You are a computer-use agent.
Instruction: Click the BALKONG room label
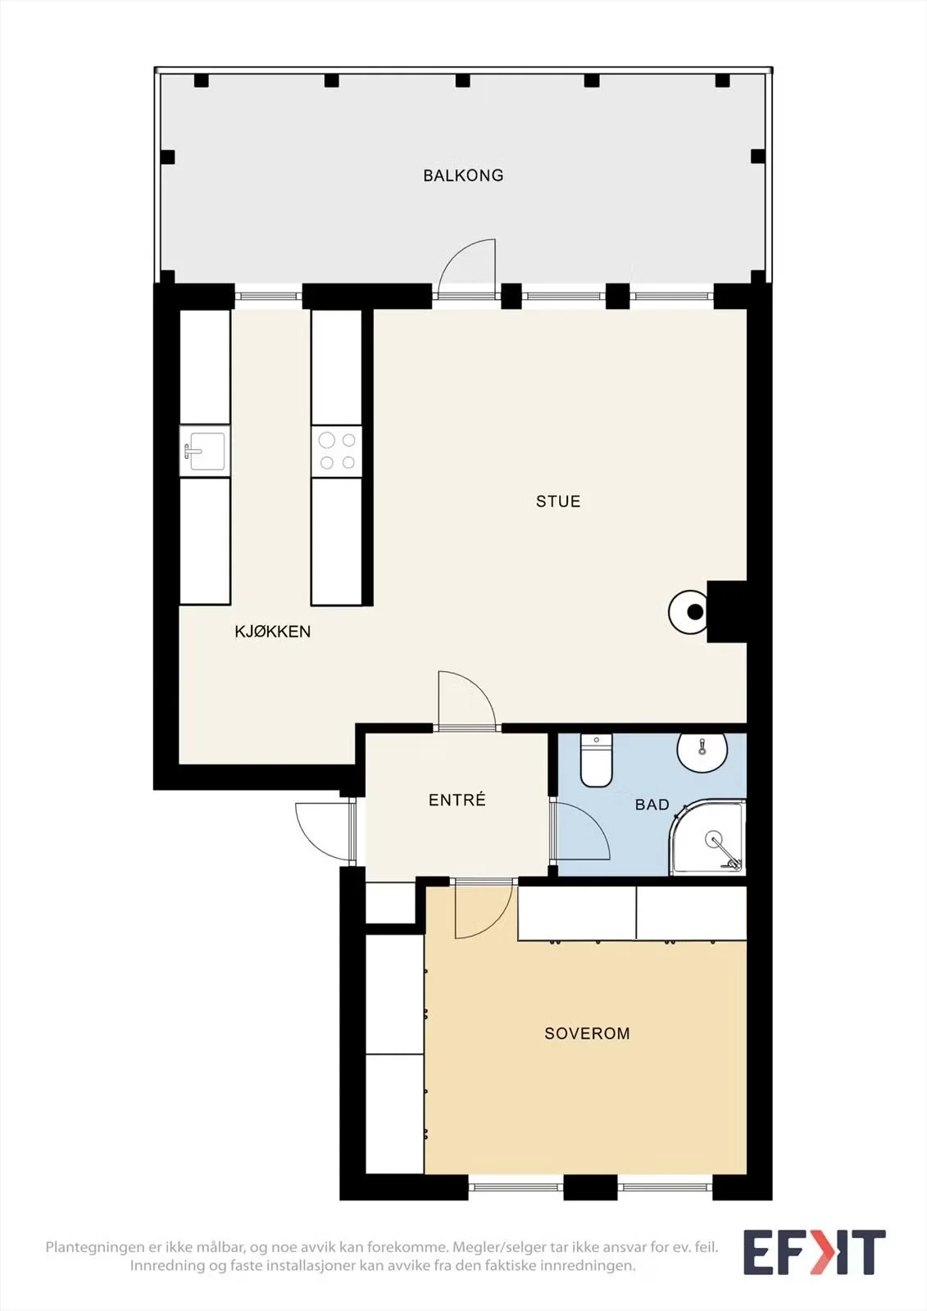point(463,175)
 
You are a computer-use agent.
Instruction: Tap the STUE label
point(558,501)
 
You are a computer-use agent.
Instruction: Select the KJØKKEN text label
point(272,632)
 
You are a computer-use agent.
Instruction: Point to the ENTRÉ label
point(457,800)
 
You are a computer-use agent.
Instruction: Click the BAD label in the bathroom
point(652,805)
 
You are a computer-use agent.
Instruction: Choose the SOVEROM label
point(587,1033)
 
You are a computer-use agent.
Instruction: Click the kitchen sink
point(204,451)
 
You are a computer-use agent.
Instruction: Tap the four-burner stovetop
point(337,451)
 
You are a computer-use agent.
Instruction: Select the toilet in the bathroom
point(596,760)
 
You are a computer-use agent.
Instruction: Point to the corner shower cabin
point(707,838)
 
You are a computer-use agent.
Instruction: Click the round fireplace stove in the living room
point(689,612)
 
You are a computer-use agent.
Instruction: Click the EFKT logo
point(814,1253)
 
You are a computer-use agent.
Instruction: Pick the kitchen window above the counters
point(268,296)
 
